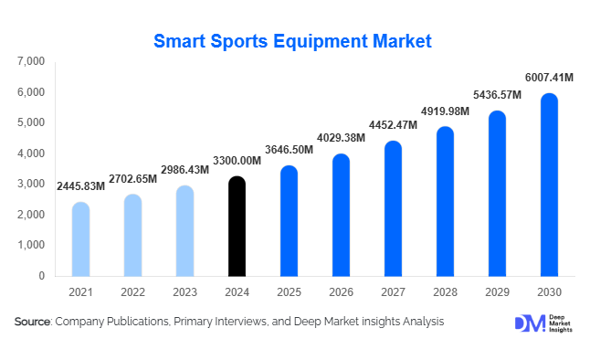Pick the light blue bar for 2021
(80, 239)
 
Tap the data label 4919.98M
(445, 111)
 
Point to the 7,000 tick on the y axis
(31, 61)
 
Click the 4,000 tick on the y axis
(31, 154)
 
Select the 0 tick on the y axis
(42, 276)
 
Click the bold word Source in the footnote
(32, 323)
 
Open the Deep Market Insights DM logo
(529, 323)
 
